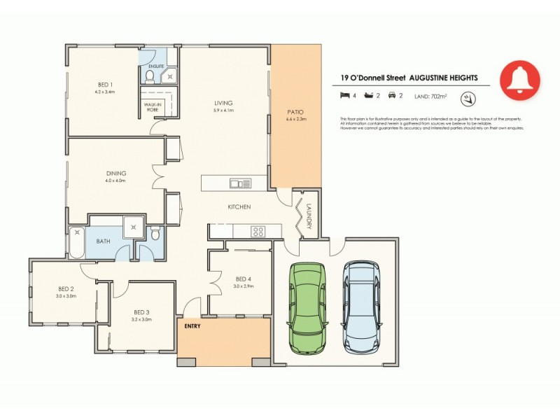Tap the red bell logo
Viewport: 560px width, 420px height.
[520, 80]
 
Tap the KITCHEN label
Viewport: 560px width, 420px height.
[239, 207]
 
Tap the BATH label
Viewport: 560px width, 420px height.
[103, 241]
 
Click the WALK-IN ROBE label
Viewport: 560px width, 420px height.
[151, 106]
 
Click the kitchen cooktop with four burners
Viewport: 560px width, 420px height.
[258, 232]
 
